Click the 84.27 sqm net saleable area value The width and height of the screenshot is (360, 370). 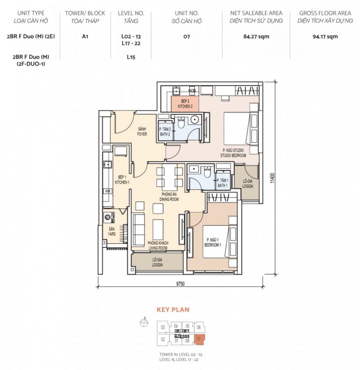point(256,36)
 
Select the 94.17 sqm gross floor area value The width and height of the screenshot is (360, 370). point(325,36)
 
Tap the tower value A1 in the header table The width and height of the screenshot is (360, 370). point(85,36)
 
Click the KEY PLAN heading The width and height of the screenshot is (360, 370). point(173,310)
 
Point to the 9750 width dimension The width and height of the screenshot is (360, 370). point(180,284)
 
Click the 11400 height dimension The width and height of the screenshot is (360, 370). point(273,178)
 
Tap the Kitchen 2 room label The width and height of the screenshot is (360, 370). point(185,104)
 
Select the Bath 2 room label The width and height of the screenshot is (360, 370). point(165,132)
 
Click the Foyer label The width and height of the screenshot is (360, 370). point(142,132)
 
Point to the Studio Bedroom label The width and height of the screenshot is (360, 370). point(233,153)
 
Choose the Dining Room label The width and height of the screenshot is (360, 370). point(169,197)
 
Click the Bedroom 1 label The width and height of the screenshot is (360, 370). point(212,242)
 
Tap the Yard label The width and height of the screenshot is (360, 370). point(112,232)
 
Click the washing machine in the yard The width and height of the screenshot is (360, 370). point(109,217)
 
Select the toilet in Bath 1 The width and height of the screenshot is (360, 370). point(207,172)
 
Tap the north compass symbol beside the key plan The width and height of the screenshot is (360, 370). point(144,322)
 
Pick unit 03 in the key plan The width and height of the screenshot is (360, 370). point(163,327)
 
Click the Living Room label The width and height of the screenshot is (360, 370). point(158,245)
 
